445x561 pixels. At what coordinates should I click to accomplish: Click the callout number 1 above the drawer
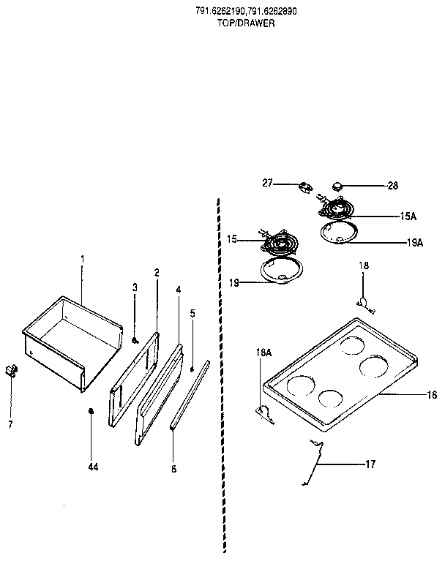pyautogui.click(x=82, y=259)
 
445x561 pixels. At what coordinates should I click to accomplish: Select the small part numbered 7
pyautogui.click(x=11, y=370)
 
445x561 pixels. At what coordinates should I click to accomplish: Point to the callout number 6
pyautogui.click(x=173, y=469)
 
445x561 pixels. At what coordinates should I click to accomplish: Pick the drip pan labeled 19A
pyautogui.click(x=340, y=234)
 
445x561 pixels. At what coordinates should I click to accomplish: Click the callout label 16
pyautogui.click(x=432, y=395)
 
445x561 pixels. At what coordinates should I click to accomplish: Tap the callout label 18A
pyautogui.click(x=263, y=353)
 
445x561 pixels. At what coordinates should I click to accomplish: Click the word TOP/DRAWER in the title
pyautogui.click(x=246, y=23)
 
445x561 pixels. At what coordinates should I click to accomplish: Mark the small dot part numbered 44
pyautogui.click(x=91, y=411)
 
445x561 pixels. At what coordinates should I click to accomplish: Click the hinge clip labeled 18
pyautogui.click(x=363, y=301)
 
